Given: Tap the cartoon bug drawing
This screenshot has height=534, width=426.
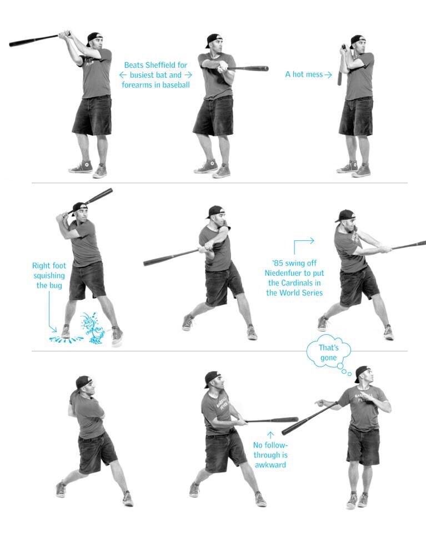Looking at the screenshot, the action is (92, 328).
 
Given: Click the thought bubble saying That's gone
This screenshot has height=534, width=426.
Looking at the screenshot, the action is (328, 352).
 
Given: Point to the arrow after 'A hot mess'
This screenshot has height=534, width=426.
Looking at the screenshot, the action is (328, 75).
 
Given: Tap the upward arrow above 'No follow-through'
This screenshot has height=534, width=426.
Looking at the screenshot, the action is (270, 435).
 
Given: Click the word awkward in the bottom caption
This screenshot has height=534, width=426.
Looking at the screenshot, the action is (270, 465).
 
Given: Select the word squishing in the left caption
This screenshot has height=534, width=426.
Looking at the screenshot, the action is (49, 275).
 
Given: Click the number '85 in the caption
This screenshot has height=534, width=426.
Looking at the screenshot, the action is (277, 263).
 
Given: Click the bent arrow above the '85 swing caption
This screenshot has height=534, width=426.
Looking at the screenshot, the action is (304, 245).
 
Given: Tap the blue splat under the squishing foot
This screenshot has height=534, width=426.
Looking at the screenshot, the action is (66, 339).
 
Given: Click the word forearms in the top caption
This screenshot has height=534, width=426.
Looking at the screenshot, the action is (137, 85).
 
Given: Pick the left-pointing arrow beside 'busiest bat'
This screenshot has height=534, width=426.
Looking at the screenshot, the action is (123, 75).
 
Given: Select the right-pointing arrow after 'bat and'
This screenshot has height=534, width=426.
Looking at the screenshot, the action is (188, 75).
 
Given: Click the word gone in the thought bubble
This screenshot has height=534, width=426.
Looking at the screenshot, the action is (328, 358).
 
